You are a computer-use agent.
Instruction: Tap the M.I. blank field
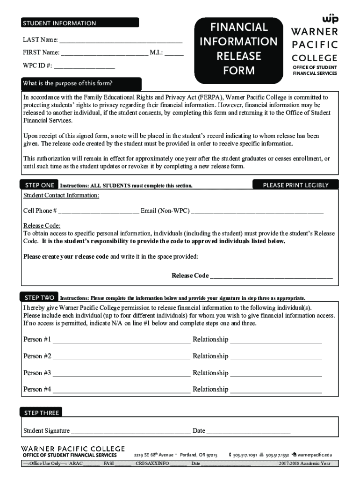(174, 54)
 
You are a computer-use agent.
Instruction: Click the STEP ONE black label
(39, 185)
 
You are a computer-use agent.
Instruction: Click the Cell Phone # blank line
(99, 213)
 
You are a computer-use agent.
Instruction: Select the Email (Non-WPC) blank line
(257, 213)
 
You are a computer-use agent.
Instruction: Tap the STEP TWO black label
(39, 298)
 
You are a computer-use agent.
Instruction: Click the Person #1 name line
(121, 342)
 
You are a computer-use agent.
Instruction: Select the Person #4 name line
(121, 392)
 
